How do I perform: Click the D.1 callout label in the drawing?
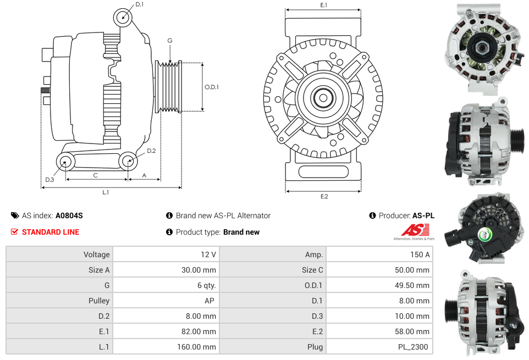(139, 4)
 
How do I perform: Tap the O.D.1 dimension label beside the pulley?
(212, 87)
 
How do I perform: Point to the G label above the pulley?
(170, 41)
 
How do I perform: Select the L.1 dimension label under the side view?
(105, 192)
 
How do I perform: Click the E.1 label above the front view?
(323, 5)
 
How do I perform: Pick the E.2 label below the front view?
(323, 197)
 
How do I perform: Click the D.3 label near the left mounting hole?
(49, 180)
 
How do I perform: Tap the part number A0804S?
(69, 216)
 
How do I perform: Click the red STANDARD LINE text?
(51, 232)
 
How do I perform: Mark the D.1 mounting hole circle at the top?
(123, 17)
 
